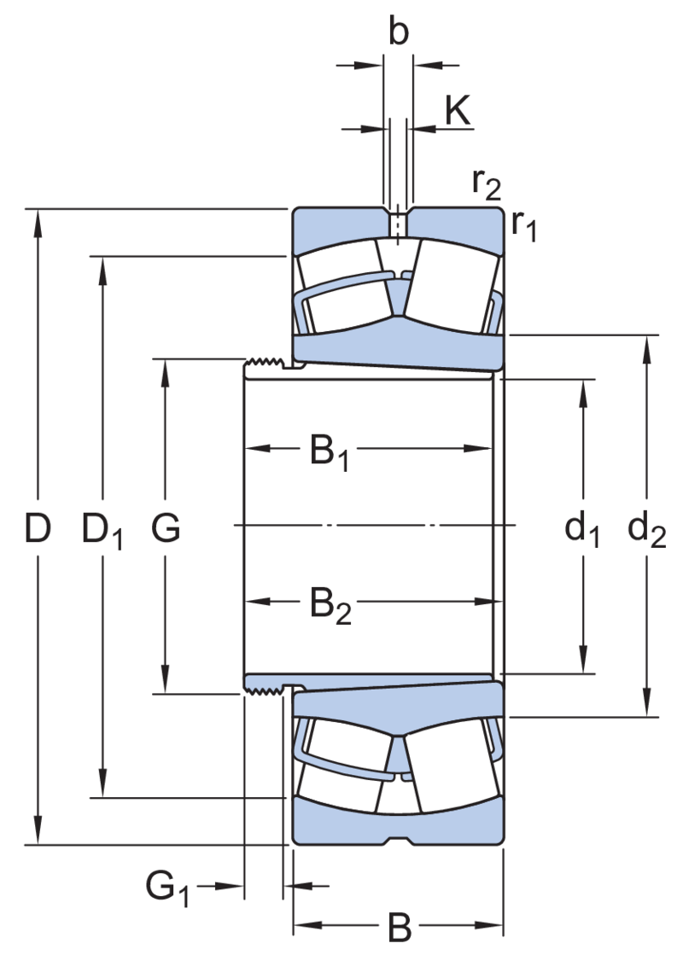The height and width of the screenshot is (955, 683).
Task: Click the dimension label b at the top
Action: [x=399, y=32]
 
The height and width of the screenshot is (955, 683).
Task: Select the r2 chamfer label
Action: [x=486, y=184]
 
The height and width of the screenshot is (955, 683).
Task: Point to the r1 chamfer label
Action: [x=523, y=224]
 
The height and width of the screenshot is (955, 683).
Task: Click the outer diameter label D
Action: [x=38, y=527]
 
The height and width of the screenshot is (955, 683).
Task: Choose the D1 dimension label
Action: [x=102, y=530]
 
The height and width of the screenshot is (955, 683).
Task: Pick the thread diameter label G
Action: [x=166, y=527]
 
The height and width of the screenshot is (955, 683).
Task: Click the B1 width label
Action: [x=330, y=452]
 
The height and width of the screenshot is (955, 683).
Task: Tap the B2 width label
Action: [x=330, y=605]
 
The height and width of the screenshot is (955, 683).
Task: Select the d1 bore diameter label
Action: [x=582, y=530]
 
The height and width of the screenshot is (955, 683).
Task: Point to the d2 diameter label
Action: [x=646, y=530]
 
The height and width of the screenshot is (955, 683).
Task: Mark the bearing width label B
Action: [x=400, y=928]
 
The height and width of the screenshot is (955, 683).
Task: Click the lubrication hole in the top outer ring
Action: [x=398, y=224]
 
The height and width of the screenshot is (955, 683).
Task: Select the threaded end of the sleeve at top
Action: [x=264, y=364]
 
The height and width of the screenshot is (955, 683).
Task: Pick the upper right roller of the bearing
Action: [x=452, y=286]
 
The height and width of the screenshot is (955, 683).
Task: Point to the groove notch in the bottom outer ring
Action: [x=399, y=840]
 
